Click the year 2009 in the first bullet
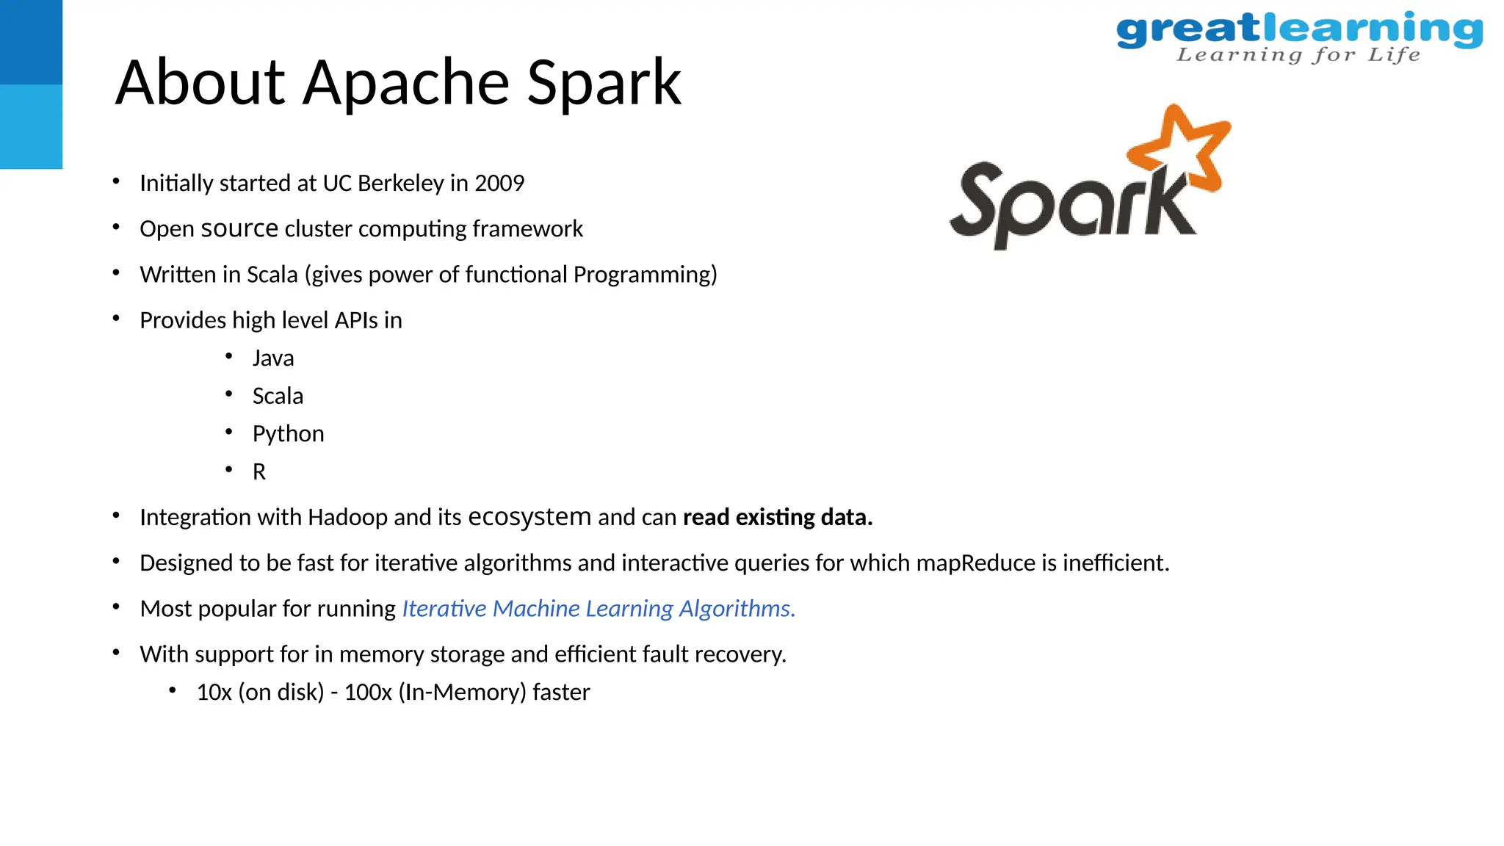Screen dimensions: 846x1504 click(499, 183)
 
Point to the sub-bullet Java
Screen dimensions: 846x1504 click(273, 358)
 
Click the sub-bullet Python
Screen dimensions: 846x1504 click(288, 434)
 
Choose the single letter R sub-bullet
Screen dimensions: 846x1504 click(258, 471)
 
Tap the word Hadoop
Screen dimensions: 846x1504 click(347, 517)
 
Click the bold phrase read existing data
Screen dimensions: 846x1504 click(777, 517)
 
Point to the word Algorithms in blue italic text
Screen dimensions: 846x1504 click(737, 608)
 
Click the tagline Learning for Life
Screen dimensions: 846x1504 click(1298, 55)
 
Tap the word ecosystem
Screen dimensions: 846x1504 click(529, 517)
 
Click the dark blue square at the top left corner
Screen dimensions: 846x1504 click(31, 42)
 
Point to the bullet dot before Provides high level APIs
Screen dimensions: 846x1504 click(116, 318)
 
